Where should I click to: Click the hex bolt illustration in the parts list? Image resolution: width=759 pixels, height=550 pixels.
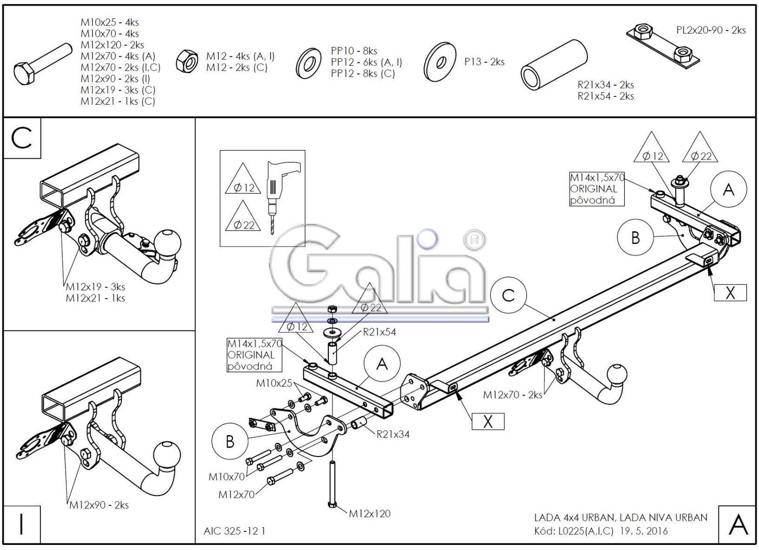pyautogui.click(x=42, y=64)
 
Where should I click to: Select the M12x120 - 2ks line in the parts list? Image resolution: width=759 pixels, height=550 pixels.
pyautogui.click(x=112, y=45)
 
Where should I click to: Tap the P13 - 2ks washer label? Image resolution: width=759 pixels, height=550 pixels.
pyautogui.click(x=484, y=62)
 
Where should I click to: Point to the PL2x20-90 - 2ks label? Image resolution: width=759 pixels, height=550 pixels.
pyautogui.click(x=711, y=30)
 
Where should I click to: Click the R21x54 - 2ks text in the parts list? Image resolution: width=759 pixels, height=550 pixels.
pyautogui.click(x=606, y=96)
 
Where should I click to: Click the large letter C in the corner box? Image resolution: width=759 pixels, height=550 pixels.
pyautogui.click(x=21, y=138)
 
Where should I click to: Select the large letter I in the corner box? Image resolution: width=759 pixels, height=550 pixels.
pyautogui.click(x=21, y=524)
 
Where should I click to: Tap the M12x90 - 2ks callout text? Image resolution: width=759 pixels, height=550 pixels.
pyautogui.click(x=99, y=505)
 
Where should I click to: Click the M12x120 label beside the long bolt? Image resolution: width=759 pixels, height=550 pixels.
pyautogui.click(x=370, y=514)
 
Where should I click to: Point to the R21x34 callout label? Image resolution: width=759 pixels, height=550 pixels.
pyautogui.click(x=393, y=434)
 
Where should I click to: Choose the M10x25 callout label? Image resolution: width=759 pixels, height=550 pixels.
pyautogui.click(x=274, y=383)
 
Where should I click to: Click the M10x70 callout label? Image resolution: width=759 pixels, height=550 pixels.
pyautogui.click(x=226, y=477)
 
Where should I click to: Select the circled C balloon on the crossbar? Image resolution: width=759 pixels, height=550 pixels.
pyautogui.click(x=508, y=295)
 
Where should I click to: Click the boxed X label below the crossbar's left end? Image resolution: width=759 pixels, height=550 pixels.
pyautogui.click(x=488, y=422)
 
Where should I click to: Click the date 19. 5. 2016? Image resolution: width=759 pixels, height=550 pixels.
pyautogui.click(x=644, y=530)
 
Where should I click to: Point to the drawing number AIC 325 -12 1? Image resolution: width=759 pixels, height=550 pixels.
pyautogui.click(x=234, y=530)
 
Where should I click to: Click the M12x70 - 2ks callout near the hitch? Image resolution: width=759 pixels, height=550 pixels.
pyautogui.click(x=513, y=395)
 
